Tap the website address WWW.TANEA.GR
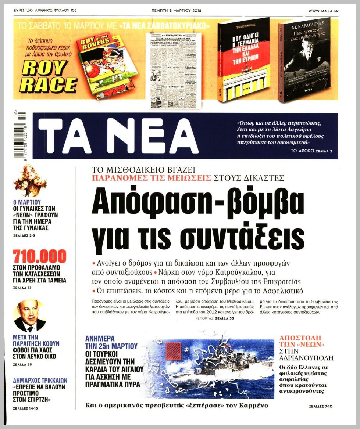click(x=323, y=10)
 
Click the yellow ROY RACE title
click(x=49, y=76)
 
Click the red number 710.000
click(x=40, y=256)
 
